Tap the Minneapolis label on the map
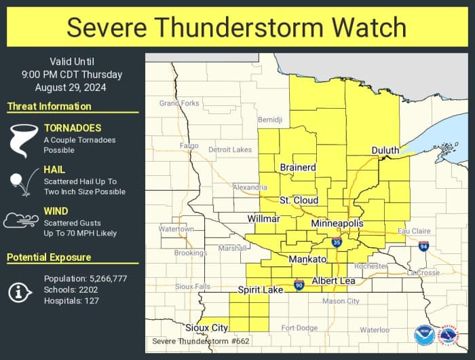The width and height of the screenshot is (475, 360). [x=337, y=223]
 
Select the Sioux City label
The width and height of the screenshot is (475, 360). [x=207, y=327]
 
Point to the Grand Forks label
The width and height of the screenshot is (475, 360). [x=179, y=103]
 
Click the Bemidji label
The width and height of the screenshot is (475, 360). [x=269, y=120]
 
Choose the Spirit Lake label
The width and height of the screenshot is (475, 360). [x=261, y=290]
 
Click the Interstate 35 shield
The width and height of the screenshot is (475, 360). [x=337, y=242]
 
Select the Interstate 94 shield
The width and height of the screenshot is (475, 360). [x=423, y=245]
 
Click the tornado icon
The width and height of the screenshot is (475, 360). [x=22, y=139]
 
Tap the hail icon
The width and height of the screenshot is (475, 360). [x=21, y=183]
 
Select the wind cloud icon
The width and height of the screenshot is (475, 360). [x=20, y=221]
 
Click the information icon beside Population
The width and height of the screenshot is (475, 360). [x=20, y=291]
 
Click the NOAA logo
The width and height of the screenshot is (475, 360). [x=425, y=335]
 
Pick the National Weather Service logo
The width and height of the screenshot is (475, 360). [x=449, y=335]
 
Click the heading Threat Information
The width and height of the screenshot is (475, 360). [x=49, y=107]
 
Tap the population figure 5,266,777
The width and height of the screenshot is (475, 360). [x=108, y=278]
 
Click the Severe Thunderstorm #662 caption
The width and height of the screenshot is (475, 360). [x=191, y=341]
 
